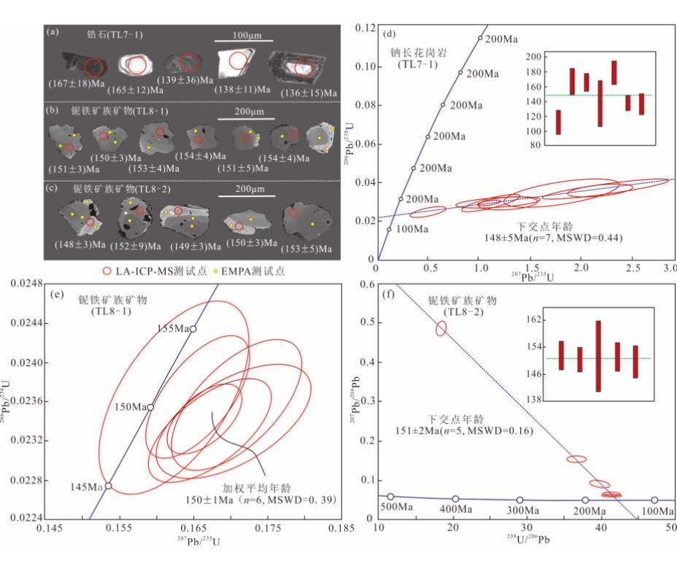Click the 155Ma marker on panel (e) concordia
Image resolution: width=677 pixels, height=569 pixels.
coord(193,328)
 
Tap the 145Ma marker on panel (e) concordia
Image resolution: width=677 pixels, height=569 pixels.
coord(109,486)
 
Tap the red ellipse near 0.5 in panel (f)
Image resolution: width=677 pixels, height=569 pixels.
coord(441,328)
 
